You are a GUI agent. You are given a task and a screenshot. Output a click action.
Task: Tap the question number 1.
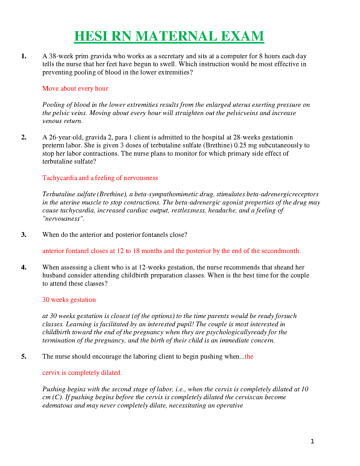pyautogui.click(x=24, y=56)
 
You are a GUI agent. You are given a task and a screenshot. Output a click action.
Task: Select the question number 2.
pyautogui.click(x=24, y=137)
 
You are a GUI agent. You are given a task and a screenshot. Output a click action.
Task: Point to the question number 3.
pyautogui.click(x=24, y=235)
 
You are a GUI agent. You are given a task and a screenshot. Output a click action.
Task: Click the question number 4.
pyautogui.click(x=24, y=267)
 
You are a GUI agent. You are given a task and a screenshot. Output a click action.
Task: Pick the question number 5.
pyautogui.click(x=24, y=357)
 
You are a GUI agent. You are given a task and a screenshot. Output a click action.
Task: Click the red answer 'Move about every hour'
pyautogui.click(x=75, y=89)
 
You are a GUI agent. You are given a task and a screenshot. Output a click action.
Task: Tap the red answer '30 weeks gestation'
pyautogui.click(x=69, y=300)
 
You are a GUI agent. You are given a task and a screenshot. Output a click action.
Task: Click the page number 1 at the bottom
pyautogui.click(x=312, y=441)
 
